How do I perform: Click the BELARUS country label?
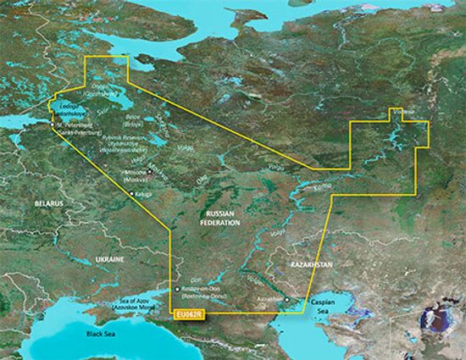(x=38, y=204)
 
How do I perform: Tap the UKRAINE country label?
(x=108, y=258)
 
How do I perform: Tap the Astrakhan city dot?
(x=287, y=299)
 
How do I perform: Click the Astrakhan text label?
(x=269, y=299)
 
